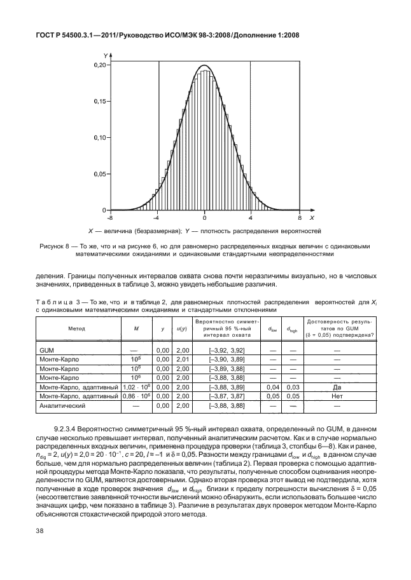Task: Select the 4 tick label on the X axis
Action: click(251, 218)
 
